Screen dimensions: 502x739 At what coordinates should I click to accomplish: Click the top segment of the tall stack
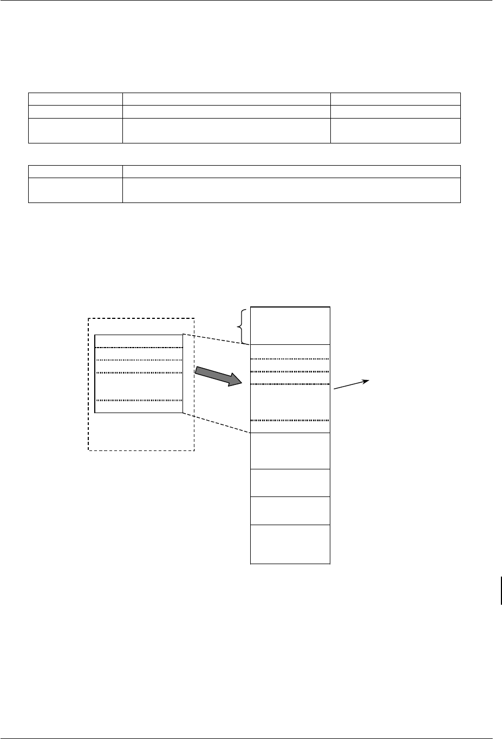pos(290,325)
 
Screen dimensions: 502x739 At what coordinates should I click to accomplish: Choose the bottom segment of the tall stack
pos(290,544)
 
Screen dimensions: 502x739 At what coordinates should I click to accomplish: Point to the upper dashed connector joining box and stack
pos(217,339)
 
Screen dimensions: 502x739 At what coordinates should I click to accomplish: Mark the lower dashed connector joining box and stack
pos(217,423)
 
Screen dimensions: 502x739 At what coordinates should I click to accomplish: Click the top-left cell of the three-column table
pos(75,99)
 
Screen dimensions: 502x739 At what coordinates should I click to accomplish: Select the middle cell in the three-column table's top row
pos(226,99)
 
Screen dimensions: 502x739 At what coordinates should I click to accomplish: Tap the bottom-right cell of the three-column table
pos(395,130)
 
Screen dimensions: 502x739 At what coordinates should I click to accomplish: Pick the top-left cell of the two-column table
pos(75,172)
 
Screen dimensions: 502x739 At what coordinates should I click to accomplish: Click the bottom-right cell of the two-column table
pos(291,190)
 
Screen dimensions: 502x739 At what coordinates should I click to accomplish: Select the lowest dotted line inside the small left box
pos(139,401)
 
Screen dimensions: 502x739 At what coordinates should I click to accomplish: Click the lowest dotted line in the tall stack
pos(290,420)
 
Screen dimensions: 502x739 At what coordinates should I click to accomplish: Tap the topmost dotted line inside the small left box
pos(139,348)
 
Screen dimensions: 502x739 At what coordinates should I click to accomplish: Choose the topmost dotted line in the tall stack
pos(290,358)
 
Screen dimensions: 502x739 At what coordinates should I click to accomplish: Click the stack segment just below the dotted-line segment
pos(290,450)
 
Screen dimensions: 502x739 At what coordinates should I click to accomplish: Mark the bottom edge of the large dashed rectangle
pos(141,450)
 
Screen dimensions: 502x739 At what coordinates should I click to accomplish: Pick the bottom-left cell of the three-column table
pos(75,130)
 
